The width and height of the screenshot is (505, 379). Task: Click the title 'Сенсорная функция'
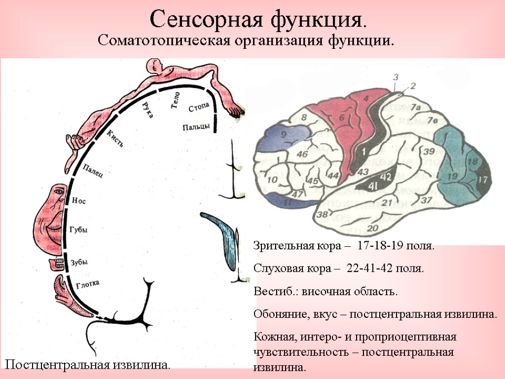[x=258, y=19]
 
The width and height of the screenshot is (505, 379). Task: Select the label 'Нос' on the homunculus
[x=78, y=201]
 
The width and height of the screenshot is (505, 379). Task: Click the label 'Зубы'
[x=78, y=263]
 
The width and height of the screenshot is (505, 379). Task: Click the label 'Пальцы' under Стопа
[x=196, y=127]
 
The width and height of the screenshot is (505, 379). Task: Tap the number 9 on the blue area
[x=284, y=135]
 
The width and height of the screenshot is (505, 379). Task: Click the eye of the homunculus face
[x=59, y=190]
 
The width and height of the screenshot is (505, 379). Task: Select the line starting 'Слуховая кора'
[x=338, y=269]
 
